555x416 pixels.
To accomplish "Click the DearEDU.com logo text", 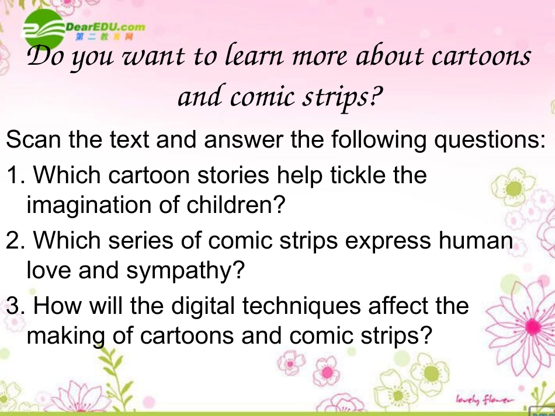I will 105,27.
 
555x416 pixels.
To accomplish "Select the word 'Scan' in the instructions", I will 33,141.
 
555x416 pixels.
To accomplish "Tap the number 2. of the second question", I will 15,240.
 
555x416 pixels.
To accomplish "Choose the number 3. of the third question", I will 15,305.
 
